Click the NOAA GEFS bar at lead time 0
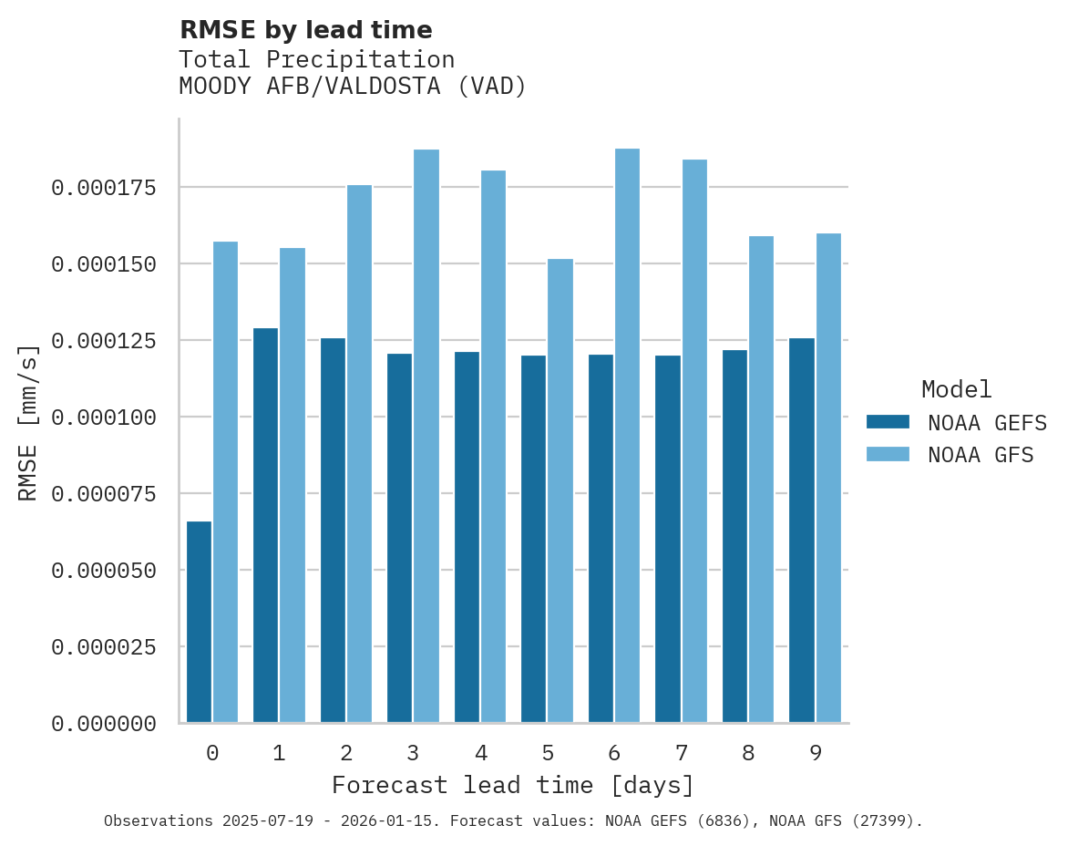pos(199,622)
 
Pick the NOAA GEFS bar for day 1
pos(265,525)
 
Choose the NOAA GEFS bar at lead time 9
pos(802,531)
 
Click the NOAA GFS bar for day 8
pos(761,480)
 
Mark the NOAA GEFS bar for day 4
pos(467,537)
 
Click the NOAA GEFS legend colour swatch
pos(888,422)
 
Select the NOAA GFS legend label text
pos(981,455)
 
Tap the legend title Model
pos(956,389)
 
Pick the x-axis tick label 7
pos(681,753)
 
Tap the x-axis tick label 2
pos(346,753)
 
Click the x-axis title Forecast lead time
pos(513,785)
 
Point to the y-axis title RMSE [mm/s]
pos(29,423)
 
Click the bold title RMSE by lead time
pos(305,30)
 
